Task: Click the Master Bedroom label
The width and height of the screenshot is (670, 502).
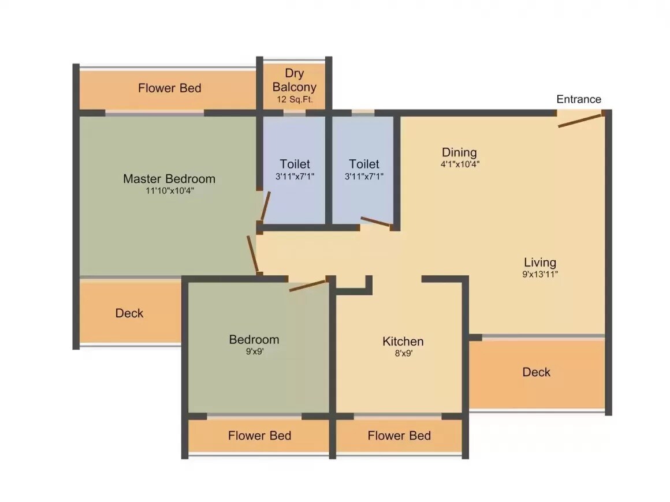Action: (x=169, y=179)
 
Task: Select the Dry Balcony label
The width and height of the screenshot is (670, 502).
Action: (x=295, y=80)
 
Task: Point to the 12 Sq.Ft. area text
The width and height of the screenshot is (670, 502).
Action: (x=295, y=99)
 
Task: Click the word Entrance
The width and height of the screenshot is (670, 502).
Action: (x=578, y=99)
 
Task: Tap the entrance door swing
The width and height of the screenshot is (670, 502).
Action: (x=580, y=120)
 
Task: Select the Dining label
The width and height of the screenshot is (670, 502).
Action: (x=459, y=152)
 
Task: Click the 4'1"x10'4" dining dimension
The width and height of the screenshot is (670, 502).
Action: (x=459, y=164)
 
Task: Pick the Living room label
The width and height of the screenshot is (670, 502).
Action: (x=539, y=263)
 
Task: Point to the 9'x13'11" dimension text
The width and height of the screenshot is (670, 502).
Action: (x=539, y=275)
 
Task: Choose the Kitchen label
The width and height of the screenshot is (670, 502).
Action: (x=403, y=342)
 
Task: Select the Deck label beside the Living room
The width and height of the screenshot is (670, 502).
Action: (x=536, y=372)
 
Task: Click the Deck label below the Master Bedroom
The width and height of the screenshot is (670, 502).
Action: (x=129, y=313)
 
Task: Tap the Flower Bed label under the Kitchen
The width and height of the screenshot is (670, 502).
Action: (x=399, y=436)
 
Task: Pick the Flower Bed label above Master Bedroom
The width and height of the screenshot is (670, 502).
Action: (x=169, y=88)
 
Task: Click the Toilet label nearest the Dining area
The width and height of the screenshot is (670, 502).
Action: (x=364, y=164)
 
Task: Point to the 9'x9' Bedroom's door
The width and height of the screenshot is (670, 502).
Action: (x=308, y=285)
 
